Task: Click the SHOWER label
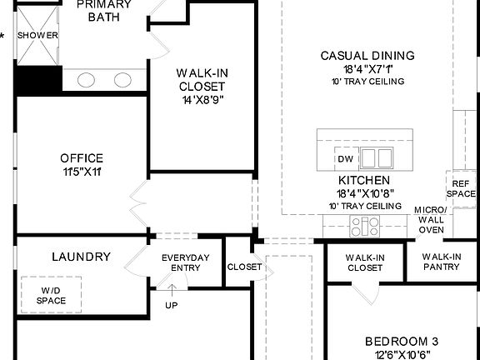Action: [37, 35]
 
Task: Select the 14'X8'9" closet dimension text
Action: [202, 100]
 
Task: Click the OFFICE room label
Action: [82, 158]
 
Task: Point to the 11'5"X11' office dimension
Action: [82, 172]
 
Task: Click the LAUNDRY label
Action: [81, 257]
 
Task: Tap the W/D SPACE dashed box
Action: [51, 294]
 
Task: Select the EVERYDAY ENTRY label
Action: [186, 262]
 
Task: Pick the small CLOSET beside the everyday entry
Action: [244, 267]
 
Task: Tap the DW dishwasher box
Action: [345, 159]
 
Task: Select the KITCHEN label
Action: [364, 180]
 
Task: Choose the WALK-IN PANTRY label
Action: [441, 262]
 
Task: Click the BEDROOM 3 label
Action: [402, 342]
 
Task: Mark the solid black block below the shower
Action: [38, 81]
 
